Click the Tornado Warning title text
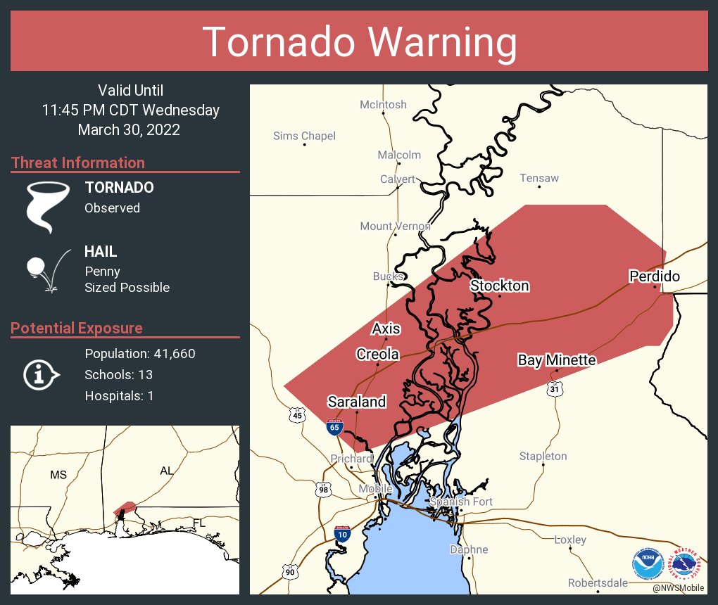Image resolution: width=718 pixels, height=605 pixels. pyautogui.click(x=359, y=42)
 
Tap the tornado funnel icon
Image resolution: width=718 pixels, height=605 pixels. pyautogui.click(x=47, y=206)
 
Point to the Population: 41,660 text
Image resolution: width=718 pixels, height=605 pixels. pyautogui.click(x=139, y=353)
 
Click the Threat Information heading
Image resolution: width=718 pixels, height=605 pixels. pyautogui.click(x=78, y=163)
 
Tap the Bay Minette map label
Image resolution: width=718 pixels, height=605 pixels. pyautogui.click(x=557, y=360)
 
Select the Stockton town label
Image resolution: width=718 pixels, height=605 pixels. pyautogui.click(x=499, y=286)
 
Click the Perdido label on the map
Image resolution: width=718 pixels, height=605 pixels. pyautogui.click(x=654, y=276)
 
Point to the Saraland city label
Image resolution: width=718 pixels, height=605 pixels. pyautogui.click(x=357, y=402)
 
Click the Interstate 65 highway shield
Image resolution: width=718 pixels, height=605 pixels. pyautogui.click(x=335, y=426)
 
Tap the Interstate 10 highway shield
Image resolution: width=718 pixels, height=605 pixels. pyautogui.click(x=341, y=534)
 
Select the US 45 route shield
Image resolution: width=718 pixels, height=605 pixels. pyautogui.click(x=297, y=415)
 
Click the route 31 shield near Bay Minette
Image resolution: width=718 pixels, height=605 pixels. pyautogui.click(x=555, y=388)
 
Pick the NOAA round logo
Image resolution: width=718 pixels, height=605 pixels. pyautogui.click(x=647, y=563)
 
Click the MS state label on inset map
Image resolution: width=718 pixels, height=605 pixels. pyautogui.click(x=58, y=475)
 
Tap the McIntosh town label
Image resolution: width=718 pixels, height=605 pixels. pyautogui.click(x=383, y=104)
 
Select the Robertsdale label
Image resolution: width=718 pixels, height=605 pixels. pyautogui.click(x=598, y=583)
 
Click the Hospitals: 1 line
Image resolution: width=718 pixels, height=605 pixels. pyautogui.click(x=119, y=395)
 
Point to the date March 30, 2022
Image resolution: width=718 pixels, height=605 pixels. pyautogui.click(x=129, y=129)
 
